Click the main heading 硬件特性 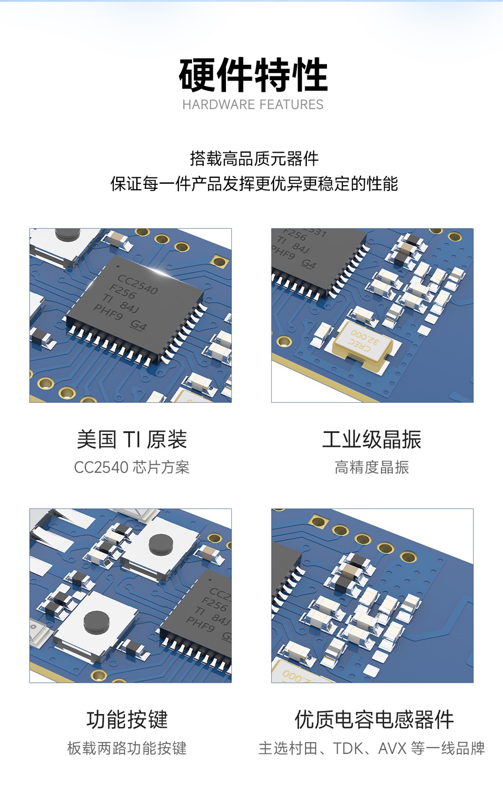click(x=254, y=75)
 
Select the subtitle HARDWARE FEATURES click(x=253, y=105)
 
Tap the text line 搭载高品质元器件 click(x=255, y=159)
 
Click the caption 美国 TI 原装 click(x=132, y=440)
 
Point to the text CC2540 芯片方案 click(x=132, y=468)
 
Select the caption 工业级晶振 click(x=372, y=440)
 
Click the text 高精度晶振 click(x=372, y=468)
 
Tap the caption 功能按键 click(x=127, y=720)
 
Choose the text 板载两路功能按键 click(x=127, y=748)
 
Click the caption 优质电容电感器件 click(x=374, y=720)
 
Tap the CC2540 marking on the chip click(x=138, y=284)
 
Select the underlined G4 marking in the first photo click(x=138, y=326)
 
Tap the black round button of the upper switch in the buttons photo click(x=161, y=544)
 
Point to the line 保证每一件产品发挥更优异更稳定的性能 click(x=255, y=184)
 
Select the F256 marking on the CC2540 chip click(x=122, y=292)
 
